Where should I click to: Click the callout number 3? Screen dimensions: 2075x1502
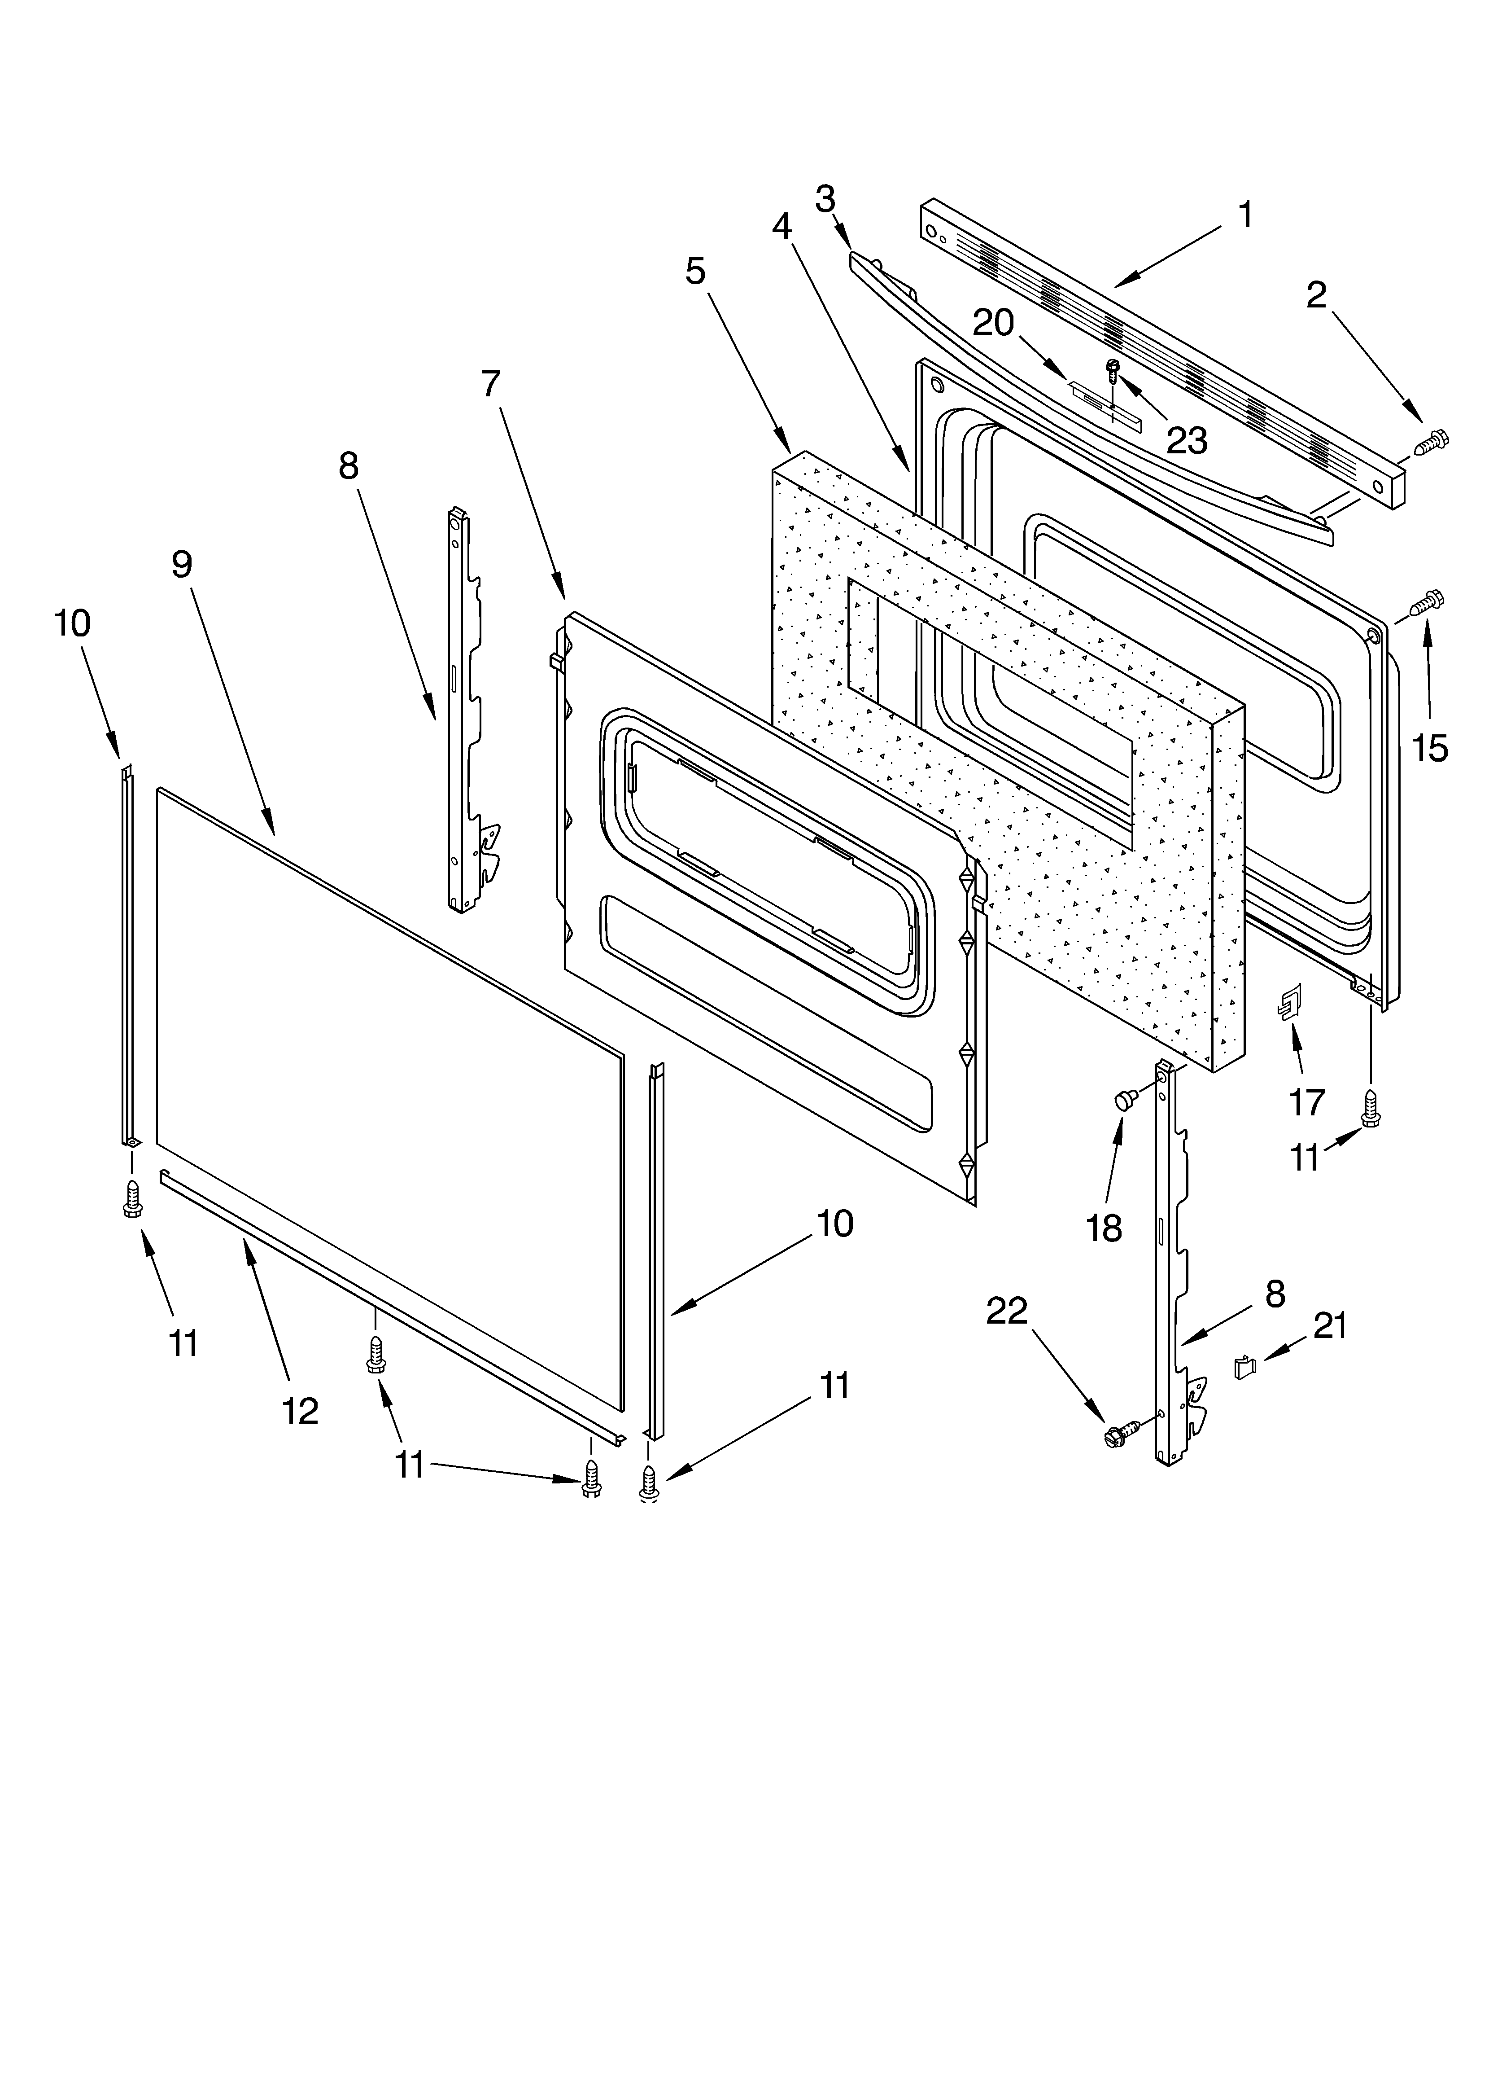[825, 198]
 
